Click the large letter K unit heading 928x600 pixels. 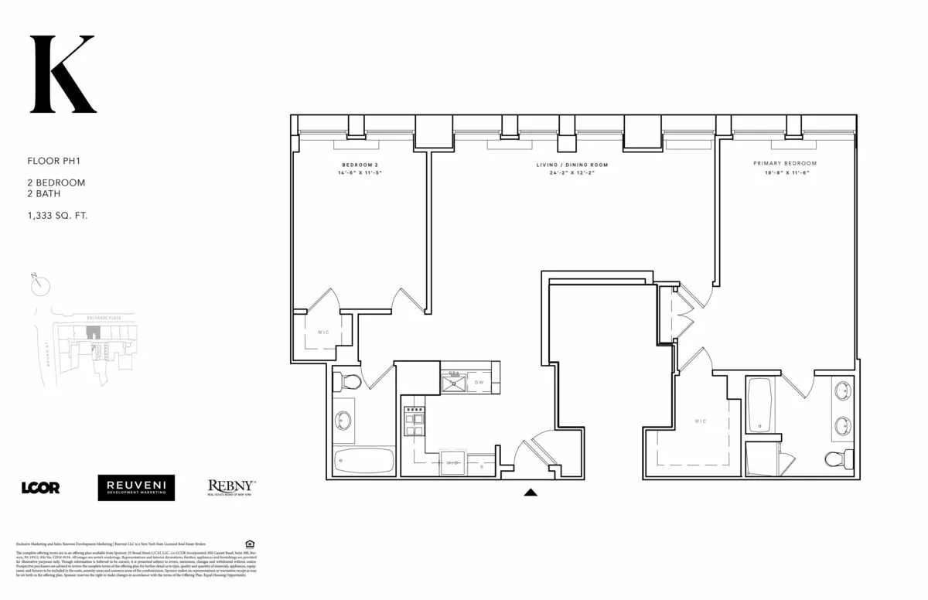pos(62,74)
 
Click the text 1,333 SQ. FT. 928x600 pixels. pos(57,216)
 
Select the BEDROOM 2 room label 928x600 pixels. pos(361,165)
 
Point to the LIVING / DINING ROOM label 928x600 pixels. pos(572,165)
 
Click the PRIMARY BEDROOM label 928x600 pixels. pos(785,164)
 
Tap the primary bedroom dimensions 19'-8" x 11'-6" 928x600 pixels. pos(785,173)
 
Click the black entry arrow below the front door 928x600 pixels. pos(531,491)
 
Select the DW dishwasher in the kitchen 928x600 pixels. pos(479,382)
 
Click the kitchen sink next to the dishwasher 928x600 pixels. pos(452,381)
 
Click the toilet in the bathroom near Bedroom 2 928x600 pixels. pos(347,381)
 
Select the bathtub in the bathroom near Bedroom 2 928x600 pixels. pos(364,460)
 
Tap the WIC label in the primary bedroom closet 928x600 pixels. pos(700,421)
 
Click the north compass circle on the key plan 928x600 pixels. pos(39,285)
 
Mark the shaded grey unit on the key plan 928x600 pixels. pos(93,332)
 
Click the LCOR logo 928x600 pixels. pos(40,487)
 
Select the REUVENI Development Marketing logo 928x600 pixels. pos(136,487)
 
